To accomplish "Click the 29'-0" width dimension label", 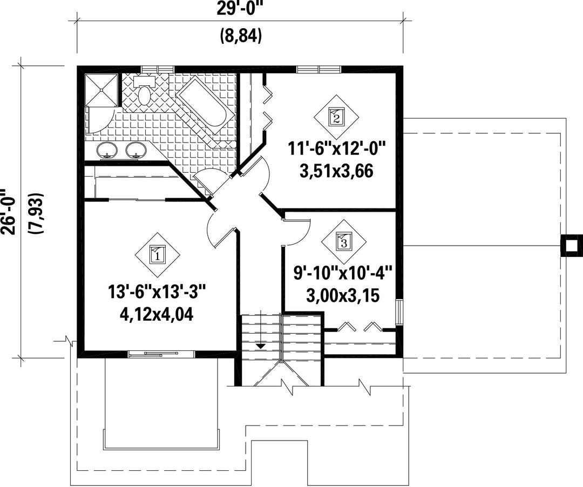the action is pyautogui.click(x=240, y=8).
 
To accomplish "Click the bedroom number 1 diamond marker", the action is pyautogui.click(x=157, y=255).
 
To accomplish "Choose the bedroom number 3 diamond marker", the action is pyautogui.click(x=343, y=242).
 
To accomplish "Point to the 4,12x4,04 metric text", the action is pyautogui.click(x=157, y=315).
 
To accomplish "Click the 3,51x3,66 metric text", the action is pyautogui.click(x=336, y=172).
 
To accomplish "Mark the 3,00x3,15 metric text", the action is pyautogui.click(x=343, y=296).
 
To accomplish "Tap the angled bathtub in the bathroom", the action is pyautogui.click(x=201, y=100).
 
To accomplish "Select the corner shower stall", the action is pyautogui.click(x=102, y=90).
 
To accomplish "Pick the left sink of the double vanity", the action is pyautogui.click(x=107, y=150).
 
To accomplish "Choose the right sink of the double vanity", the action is pyautogui.click(x=135, y=150).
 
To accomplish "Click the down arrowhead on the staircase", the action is pyautogui.click(x=261, y=346).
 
